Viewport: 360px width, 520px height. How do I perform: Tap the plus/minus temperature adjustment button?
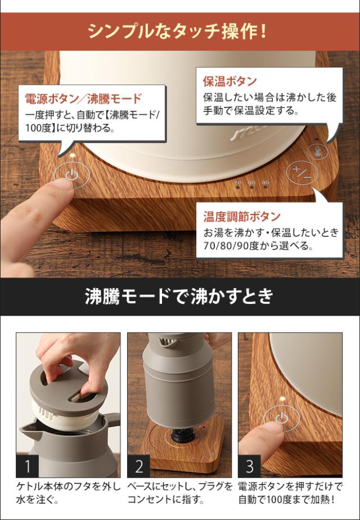[302, 172]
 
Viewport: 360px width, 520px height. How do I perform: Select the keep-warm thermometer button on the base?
[318, 152]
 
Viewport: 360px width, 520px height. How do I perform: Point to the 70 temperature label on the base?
[238, 182]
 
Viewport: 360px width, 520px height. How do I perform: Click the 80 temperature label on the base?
[251, 182]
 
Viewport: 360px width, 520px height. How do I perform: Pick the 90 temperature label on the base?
[265, 182]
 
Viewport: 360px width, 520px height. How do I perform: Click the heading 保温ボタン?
[230, 81]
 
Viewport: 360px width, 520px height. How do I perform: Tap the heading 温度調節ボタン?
[242, 217]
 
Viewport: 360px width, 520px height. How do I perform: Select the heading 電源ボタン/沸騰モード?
[83, 98]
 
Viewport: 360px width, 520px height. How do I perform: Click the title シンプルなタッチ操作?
[178, 32]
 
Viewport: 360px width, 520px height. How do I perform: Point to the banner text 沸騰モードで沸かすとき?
[179, 296]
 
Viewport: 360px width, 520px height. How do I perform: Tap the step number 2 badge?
[139, 466]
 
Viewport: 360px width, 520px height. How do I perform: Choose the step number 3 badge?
[250, 466]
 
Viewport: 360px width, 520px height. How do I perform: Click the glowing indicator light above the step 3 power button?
[282, 398]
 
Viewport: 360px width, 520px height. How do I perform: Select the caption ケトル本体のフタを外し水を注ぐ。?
[68, 493]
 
